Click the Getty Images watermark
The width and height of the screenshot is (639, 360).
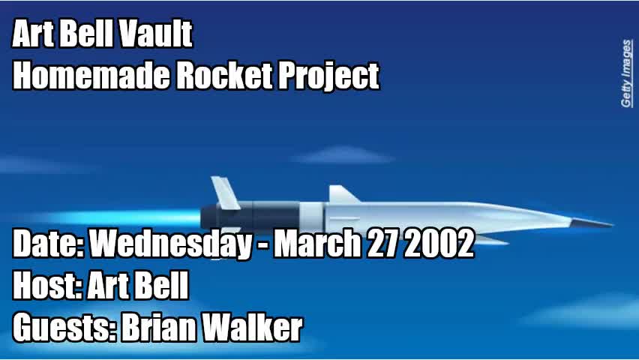[626, 73]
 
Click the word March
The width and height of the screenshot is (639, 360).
[316, 244]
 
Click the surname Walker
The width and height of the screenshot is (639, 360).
[256, 328]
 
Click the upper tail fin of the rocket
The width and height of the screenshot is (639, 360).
[224, 191]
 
